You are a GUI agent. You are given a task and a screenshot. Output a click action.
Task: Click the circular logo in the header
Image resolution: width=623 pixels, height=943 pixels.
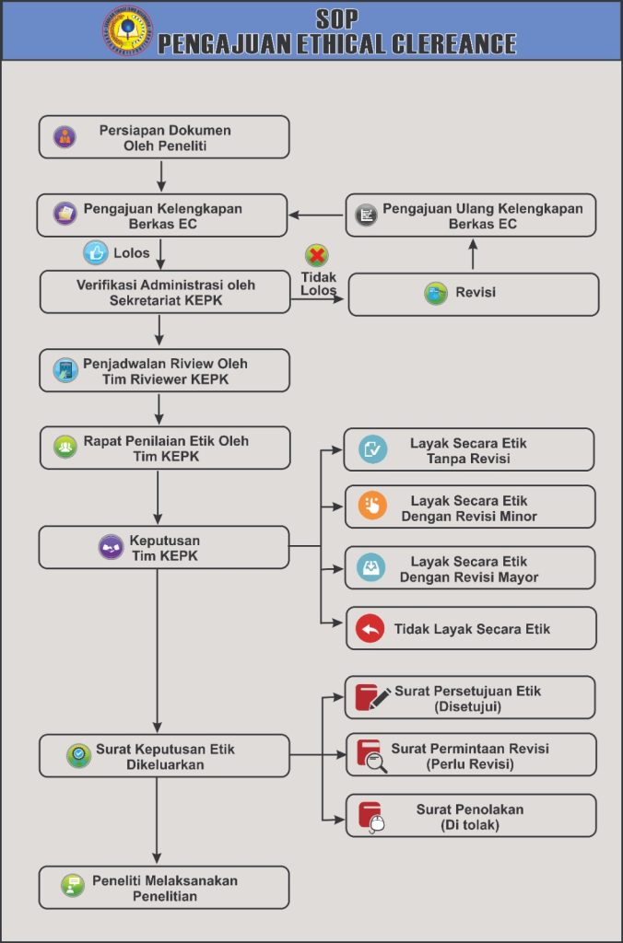tap(127, 30)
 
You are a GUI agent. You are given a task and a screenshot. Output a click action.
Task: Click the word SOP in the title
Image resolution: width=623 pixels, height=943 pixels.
tap(336, 18)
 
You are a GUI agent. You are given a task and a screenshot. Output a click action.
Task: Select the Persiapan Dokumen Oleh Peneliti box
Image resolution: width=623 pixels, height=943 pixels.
tap(164, 137)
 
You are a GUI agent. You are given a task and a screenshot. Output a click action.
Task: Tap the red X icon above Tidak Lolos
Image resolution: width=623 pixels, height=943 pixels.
tap(317, 255)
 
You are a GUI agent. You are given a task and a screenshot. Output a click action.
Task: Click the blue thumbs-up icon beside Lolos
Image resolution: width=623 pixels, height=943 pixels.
tap(95, 252)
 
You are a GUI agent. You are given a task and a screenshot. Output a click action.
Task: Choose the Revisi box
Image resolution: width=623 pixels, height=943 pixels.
tap(473, 294)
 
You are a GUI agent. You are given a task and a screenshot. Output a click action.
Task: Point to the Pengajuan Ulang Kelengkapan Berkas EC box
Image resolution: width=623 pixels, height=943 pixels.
tap(471, 215)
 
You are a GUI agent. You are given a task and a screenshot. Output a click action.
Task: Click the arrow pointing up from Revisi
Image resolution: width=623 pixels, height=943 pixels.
tap(472, 254)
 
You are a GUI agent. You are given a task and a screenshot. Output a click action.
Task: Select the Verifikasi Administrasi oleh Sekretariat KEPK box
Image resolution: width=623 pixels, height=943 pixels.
tap(164, 292)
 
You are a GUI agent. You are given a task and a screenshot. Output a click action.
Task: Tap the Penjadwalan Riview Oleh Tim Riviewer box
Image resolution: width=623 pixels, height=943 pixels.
tap(164, 370)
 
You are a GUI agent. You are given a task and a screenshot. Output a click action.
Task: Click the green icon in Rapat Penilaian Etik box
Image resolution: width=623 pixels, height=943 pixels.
tap(65, 448)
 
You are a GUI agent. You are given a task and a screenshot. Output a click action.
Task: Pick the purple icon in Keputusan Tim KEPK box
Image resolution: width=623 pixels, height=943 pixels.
tap(112, 547)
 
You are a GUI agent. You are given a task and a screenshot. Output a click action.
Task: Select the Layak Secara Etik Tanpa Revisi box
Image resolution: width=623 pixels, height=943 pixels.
tap(469, 450)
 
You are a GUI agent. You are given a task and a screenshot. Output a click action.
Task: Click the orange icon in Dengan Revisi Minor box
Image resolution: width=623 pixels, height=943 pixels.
tap(372, 506)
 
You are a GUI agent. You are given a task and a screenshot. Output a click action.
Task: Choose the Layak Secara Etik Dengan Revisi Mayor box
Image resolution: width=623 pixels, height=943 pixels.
tap(469, 568)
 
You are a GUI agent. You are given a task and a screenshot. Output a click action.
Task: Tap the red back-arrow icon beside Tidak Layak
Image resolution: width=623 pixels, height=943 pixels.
tap(370, 629)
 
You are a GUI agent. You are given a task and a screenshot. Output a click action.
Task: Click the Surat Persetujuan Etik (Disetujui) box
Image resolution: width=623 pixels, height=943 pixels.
tap(469, 698)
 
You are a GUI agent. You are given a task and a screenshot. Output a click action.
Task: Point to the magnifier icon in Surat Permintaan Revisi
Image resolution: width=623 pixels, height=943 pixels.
tap(377, 762)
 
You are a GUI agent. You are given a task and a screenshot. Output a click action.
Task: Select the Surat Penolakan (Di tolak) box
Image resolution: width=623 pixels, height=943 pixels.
tap(469, 816)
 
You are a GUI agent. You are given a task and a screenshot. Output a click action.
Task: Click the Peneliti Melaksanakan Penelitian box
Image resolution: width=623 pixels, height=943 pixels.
tap(164, 888)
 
